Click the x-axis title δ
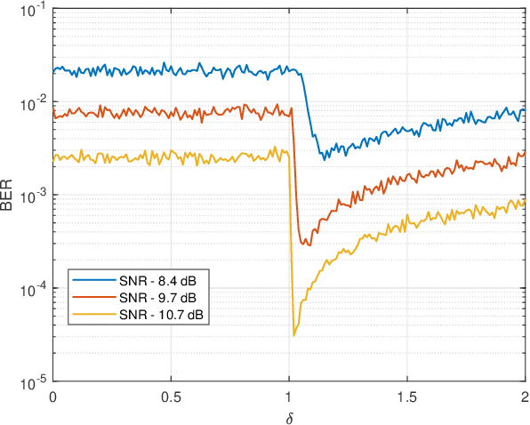point(289,414)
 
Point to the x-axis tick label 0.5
point(172,396)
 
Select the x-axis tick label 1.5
point(406,396)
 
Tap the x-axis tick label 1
point(289,396)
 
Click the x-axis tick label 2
point(525,396)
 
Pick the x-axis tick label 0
point(53,396)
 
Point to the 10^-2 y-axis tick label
point(35,103)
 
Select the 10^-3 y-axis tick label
point(35,196)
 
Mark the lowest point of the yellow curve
point(293,335)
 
